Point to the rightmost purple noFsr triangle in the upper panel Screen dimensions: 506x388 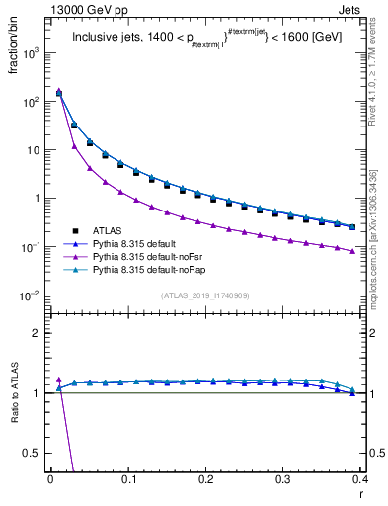pyautogui.click(x=351, y=251)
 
